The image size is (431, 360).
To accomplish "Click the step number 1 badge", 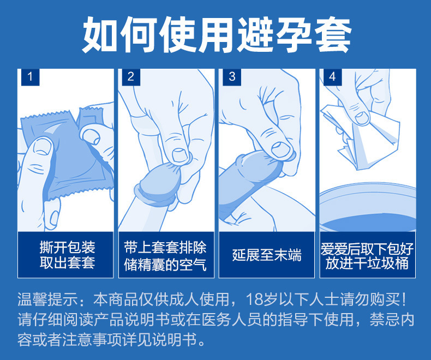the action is click(30, 77).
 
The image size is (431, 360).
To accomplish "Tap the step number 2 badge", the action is click(131, 77).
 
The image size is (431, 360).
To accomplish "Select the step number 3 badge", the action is click(232, 77).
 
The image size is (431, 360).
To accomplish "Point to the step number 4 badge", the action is click(333, 77).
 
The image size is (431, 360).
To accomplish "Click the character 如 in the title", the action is click(100, 35).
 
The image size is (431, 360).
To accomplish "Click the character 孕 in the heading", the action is click(294, 35).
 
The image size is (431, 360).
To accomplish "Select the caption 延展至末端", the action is click(267, 255).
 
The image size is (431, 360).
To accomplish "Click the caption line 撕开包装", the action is click(67, 247).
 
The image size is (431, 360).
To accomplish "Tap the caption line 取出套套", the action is click(67, 263).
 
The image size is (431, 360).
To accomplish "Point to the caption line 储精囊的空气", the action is click(165, 265).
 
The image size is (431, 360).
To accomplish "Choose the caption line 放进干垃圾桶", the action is click(367, 263).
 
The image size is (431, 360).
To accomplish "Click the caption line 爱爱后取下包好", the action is click(367, 248).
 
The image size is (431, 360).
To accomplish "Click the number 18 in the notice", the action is click(254, 299).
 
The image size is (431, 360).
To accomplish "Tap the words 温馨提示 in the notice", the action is click(47, 299).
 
